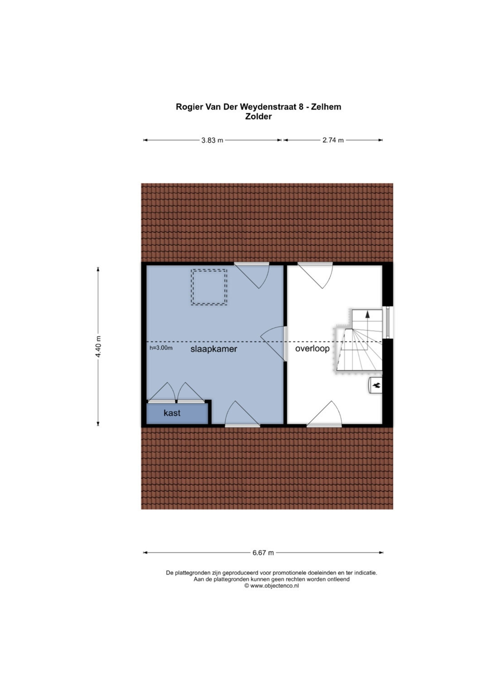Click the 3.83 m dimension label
point(212,140)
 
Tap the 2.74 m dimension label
point(333,140)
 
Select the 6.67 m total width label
point(263,553)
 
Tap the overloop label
point(312,349)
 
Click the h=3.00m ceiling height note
point(161,348)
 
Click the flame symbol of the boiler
point(376,385)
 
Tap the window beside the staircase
point(388,322)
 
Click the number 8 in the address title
point(301,107)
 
